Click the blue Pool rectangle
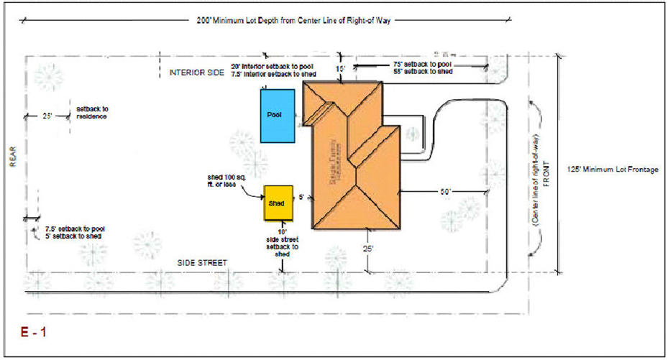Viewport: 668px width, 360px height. [x=277, y=116]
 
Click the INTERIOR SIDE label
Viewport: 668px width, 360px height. [x=197, y=73]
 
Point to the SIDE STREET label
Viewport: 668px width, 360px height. [x=202, y=263]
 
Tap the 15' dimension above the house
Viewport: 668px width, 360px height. [x=341, y=68]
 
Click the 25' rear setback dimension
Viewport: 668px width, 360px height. [x=48, y=115]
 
